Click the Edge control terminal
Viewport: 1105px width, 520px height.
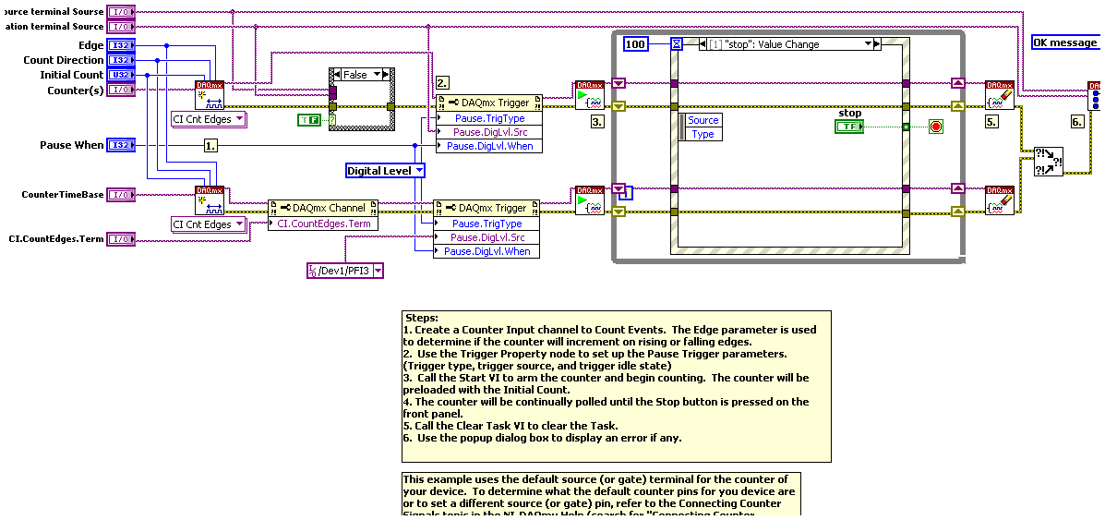pos(121,45)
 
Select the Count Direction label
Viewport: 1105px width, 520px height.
pos(64,60)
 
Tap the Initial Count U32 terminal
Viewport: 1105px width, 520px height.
pos(121,75)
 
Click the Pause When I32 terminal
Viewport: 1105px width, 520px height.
pos(121,145)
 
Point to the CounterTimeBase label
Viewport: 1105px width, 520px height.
pos(63,195)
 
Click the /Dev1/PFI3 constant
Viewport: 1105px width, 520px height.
pos(344,270)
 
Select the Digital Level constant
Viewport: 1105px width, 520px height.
pos(385,170)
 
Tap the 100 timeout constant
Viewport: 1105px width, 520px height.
pos(636,43)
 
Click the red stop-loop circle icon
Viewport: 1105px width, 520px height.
pos(935,127)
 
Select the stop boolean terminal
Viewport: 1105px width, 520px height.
pos(849,126)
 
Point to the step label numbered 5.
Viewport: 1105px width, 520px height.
pos(992,122)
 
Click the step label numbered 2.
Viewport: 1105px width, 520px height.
pos(442,82)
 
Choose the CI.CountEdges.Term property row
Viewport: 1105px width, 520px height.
pos(322,224)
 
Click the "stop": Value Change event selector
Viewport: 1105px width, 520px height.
pos(787,44)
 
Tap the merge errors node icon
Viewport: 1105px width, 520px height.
pos(1047,161)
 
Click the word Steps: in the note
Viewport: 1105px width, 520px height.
pos(422,318)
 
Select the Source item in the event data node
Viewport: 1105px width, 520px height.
pos(703,120)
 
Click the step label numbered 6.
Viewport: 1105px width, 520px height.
pos(1077,122)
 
